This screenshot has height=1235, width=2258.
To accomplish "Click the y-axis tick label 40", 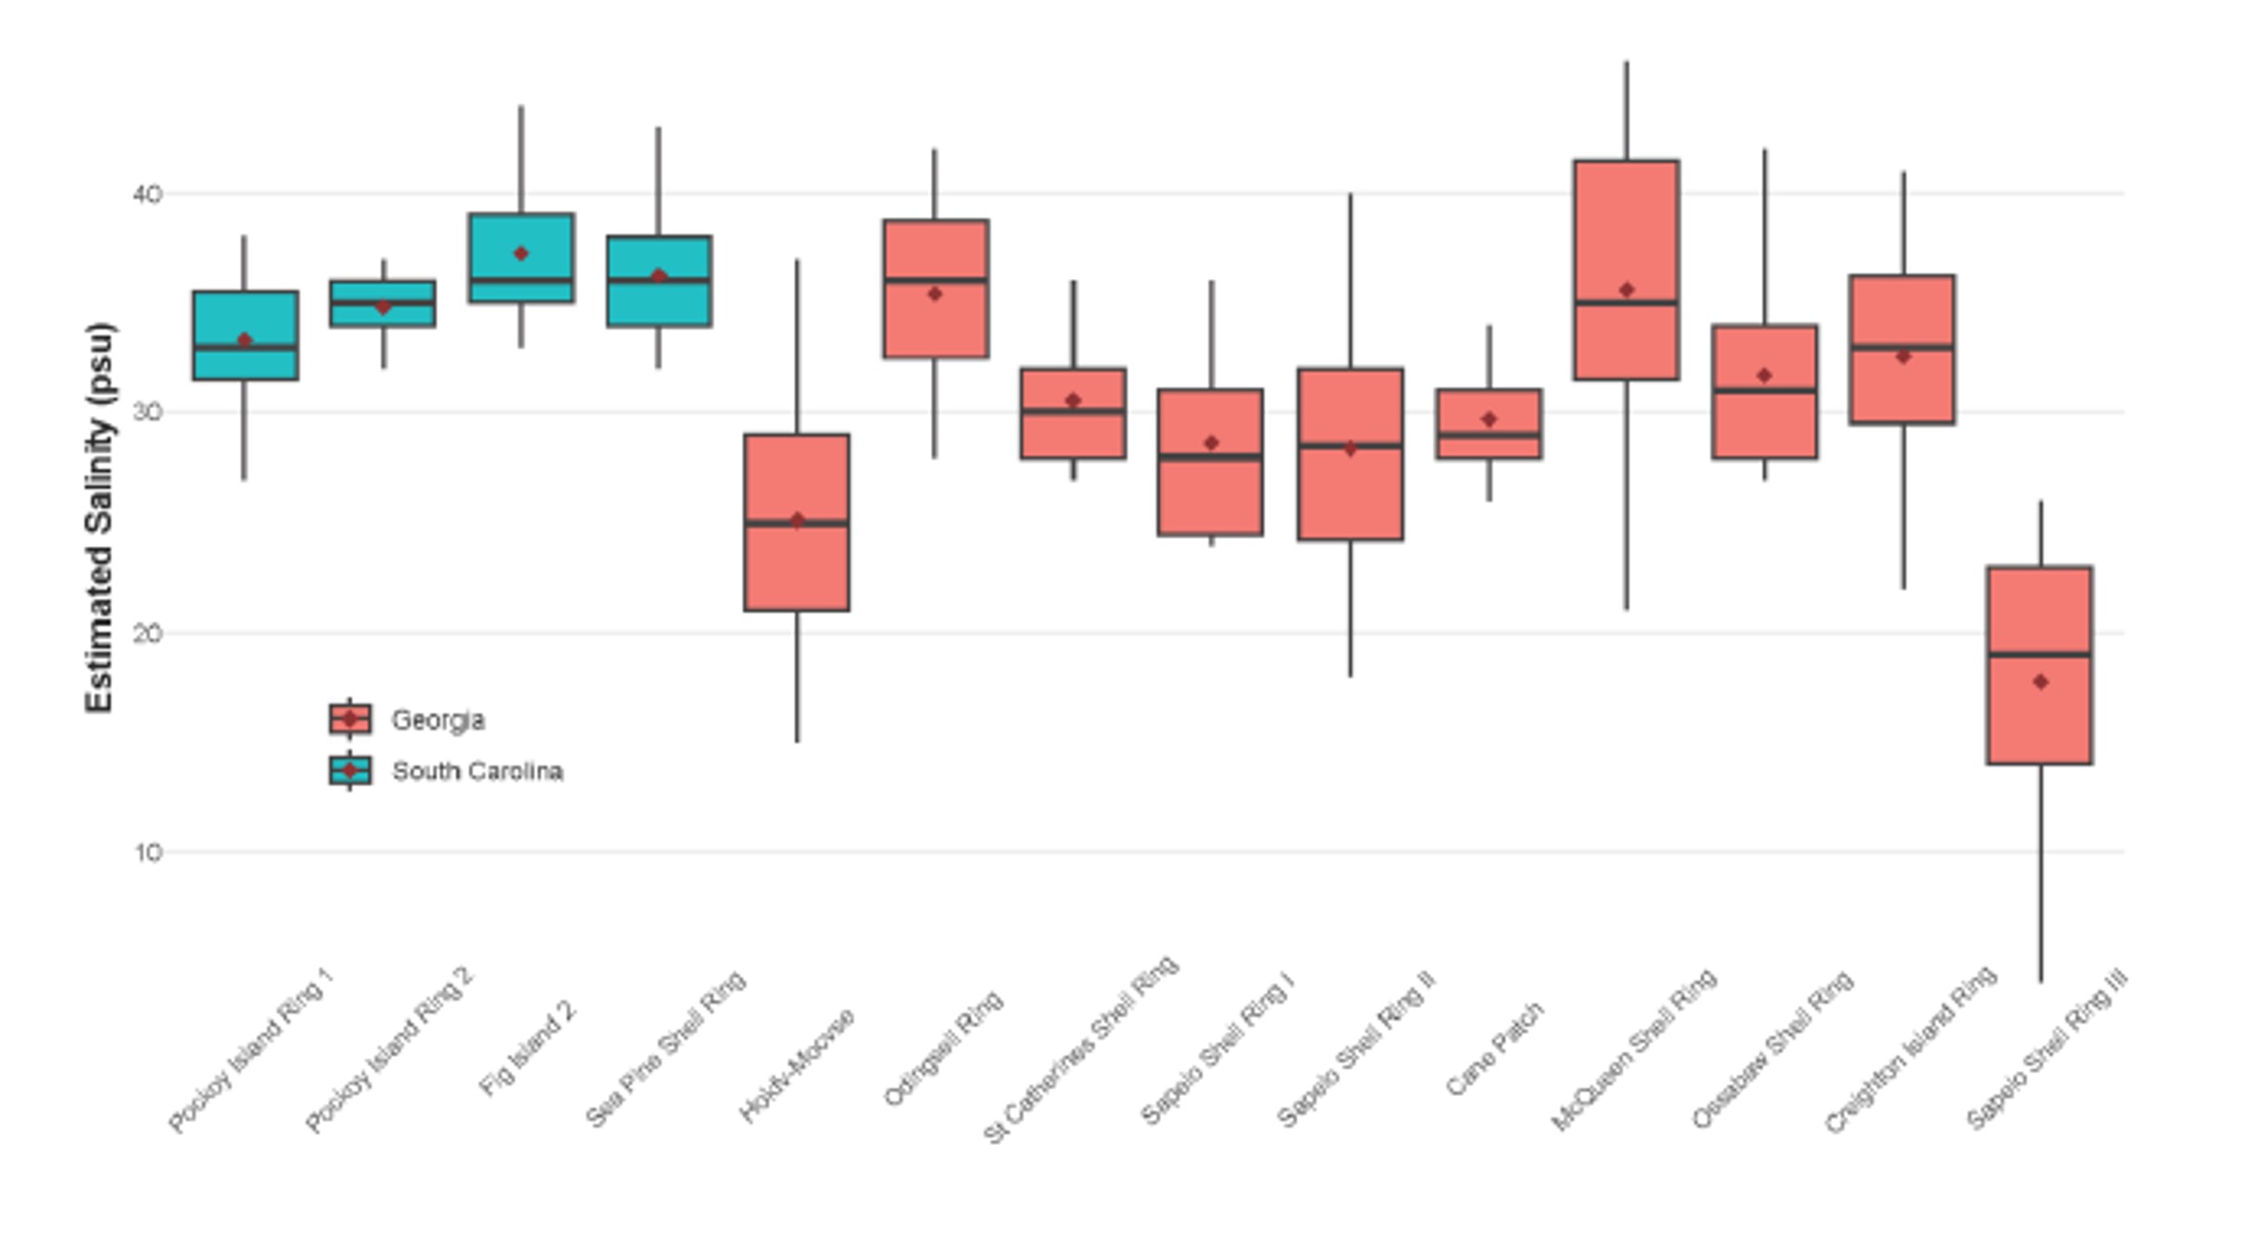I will pos(147,195).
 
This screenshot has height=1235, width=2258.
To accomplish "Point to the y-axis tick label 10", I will pos(147,852).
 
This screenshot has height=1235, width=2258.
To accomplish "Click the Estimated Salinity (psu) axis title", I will pos(99,517).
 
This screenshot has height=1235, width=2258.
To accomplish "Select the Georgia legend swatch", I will pos(350,719).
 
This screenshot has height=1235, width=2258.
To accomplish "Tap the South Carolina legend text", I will pos(477,771).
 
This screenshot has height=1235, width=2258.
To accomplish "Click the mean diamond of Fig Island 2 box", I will pos(521,254).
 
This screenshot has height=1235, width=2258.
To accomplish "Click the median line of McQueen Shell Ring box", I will pos(1627,303).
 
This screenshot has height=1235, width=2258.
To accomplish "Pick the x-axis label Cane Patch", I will pos(1494,1049).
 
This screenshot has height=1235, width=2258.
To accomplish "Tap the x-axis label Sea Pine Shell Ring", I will pos(666,1049).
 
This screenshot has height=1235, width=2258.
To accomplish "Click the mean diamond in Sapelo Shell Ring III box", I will pos(2040,682).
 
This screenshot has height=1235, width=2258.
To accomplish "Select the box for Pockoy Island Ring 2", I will pos(383,315).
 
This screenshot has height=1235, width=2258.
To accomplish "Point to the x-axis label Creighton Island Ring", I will pos(1909,1049).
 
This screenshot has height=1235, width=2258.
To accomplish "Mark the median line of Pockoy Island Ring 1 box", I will pos(245,348).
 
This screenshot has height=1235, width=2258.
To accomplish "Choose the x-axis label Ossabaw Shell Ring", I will pos(1772,1049).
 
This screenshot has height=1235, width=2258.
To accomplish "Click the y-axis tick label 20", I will pos(147,633).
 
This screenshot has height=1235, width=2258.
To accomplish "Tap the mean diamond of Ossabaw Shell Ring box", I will pos(1765,376).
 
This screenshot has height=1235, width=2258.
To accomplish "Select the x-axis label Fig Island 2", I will pos(529,1049).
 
